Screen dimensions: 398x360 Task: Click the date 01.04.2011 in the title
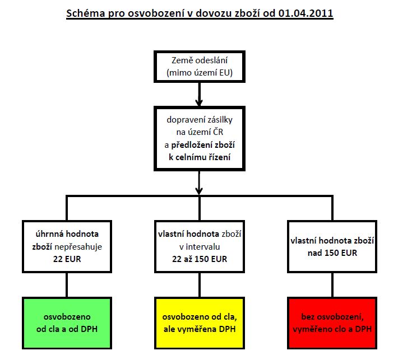click(x=306, y=13)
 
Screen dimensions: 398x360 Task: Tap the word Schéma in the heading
click(x=85, y=13)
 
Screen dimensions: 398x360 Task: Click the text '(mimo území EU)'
click(x=200, y=73)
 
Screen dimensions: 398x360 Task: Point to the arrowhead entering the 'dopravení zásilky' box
click(x=199, y=102)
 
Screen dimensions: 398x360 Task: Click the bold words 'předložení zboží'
click(x=203, y=145)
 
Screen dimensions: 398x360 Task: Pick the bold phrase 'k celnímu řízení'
click(x=200, y=157)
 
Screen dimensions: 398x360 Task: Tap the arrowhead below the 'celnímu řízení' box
click(x=199, y=191)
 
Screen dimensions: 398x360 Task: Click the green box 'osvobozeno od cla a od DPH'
click(x=67, y=323)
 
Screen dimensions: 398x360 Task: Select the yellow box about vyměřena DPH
click(x=200, y=323)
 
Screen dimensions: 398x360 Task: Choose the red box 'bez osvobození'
click(x=332, y=323)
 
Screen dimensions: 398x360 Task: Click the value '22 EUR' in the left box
click(x=67, y=259)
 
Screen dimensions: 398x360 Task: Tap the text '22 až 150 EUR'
click(x=200, y=259)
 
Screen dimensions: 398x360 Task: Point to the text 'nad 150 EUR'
click(x=332, y=253)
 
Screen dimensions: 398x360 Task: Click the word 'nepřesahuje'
click(x=78, y=247)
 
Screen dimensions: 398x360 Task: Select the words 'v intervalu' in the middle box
click(x=200, y=247)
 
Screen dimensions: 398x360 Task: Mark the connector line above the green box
click(x=67, y=285)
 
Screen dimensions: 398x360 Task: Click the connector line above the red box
click(x=332, y=285)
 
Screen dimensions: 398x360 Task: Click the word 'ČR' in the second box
click(x=217, y=132)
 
